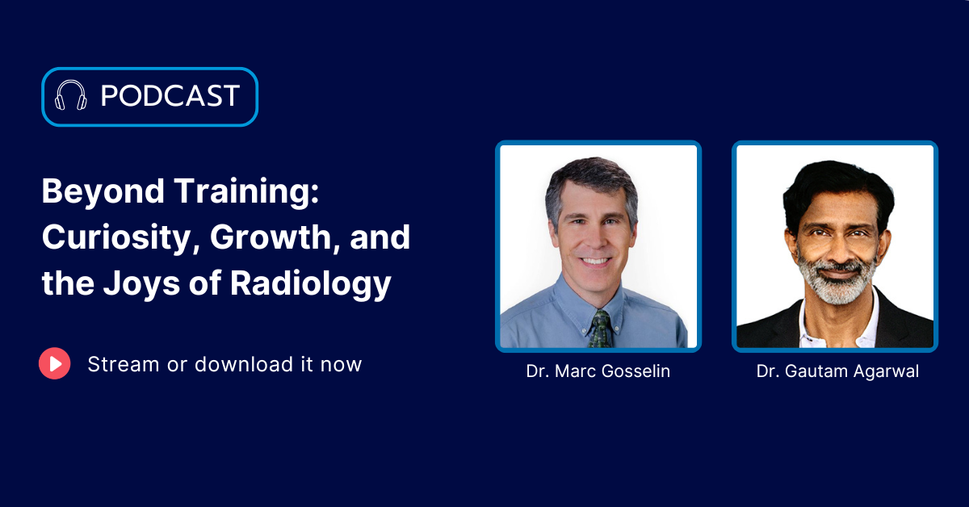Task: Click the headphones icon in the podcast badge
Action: (71, 95)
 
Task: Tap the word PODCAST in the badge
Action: (170, 95)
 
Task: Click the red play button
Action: (55, 363)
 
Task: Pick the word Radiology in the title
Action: (311, 284)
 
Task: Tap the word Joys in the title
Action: (141, 284)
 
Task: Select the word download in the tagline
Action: (245, 364)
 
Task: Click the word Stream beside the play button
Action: (124, 364)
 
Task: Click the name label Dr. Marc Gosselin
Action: (598, 371)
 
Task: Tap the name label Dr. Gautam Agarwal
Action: (837, 371)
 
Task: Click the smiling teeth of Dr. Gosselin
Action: (595, 261)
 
